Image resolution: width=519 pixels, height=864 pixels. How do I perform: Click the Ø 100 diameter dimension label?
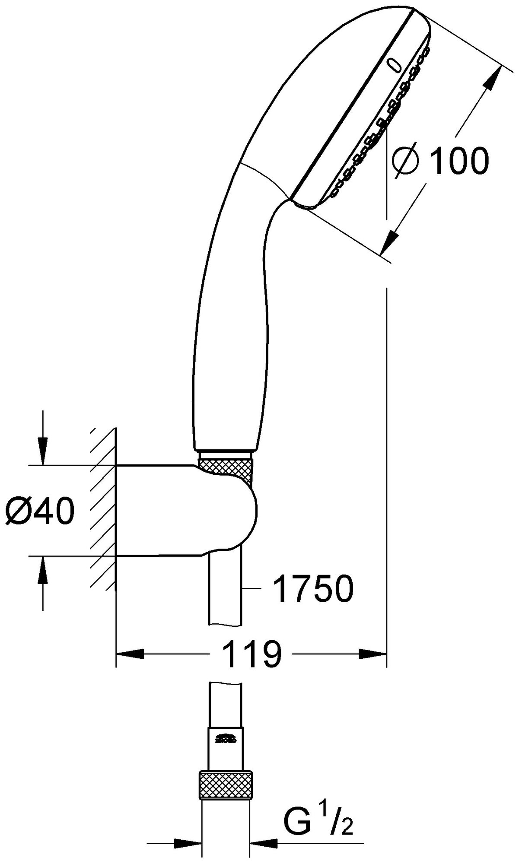point(441,160)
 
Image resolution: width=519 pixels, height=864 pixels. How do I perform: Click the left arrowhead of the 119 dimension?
point(130,653)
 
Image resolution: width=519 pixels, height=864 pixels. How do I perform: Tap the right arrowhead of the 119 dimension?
point(373,653)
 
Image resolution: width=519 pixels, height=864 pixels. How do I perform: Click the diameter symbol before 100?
point(405,161)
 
